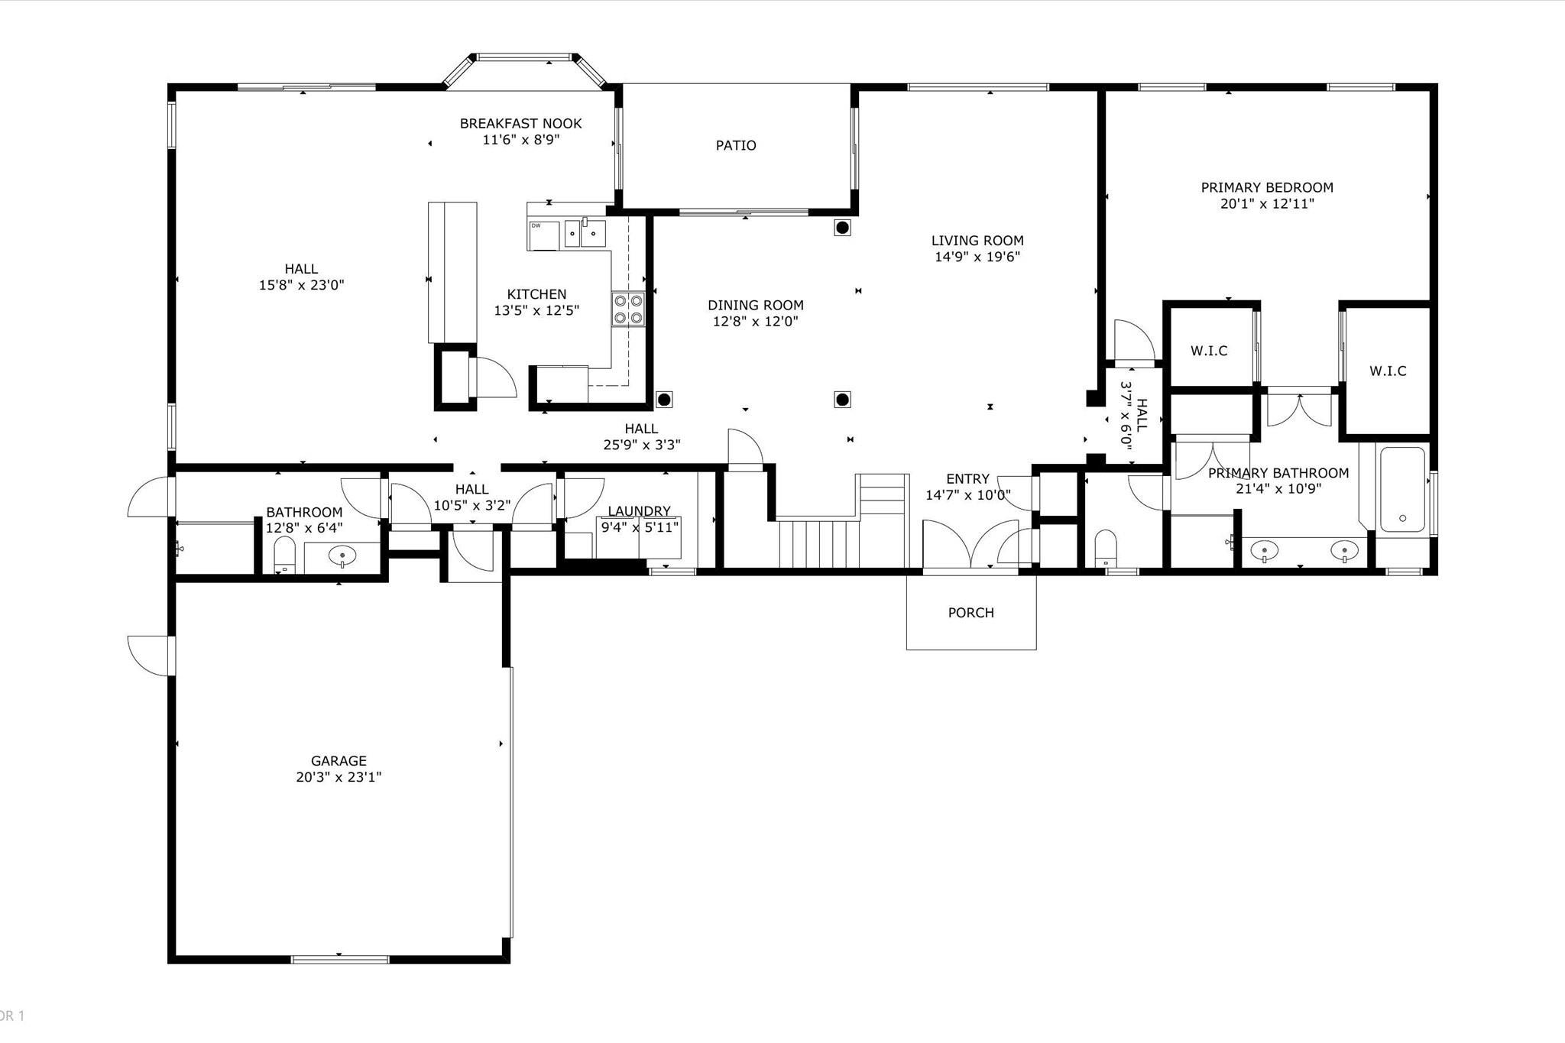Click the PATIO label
click(x=736, y=145)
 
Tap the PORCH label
click(x=970, y=613)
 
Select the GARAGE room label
click(x=339, y=761)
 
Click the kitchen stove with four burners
click(x=628, y=309)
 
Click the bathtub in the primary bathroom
click(x=1402, y=489)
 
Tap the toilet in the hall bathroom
click(x=284, y=554)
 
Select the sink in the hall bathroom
click(x=342, y=556)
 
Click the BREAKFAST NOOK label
click(x=520, y=123)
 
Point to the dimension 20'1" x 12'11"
click(x=1267, y=204)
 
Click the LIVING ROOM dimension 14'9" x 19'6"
click(x=977, y=258)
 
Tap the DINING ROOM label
click(x=755, y=306)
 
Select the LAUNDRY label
click(x=639, y=511)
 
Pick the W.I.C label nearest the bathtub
click(x=1388, y=371)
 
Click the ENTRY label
click(x=967, y=479)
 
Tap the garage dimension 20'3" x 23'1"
click(x=339, y=778)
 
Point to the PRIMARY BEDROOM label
click(x=1267, y=187)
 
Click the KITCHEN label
click(x=536, y=294)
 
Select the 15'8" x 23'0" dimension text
click(x=301, y=286)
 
